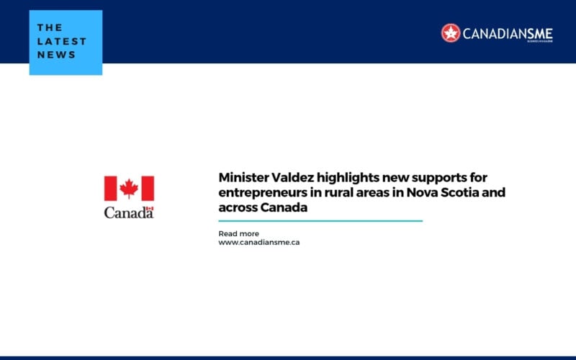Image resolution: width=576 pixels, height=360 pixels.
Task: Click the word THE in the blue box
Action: [50, 28]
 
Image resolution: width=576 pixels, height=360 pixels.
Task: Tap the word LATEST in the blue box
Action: [62, 41]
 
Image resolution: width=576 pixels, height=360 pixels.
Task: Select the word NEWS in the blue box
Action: [57, 55]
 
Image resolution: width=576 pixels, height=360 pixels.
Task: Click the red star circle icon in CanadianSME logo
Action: [451, 32]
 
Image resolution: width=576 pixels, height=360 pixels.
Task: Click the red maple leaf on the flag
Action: [129, 189]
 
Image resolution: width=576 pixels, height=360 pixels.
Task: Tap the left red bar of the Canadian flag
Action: [111, 189]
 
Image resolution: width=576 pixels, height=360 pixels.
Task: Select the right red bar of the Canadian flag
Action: [147, 189]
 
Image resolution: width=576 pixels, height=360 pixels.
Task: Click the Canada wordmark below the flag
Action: [129, 212]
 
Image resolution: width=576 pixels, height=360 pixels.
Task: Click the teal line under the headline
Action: [320, 221]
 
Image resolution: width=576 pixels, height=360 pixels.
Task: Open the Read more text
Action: [238, 234]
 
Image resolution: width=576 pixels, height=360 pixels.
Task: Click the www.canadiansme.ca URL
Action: [259, 243]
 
